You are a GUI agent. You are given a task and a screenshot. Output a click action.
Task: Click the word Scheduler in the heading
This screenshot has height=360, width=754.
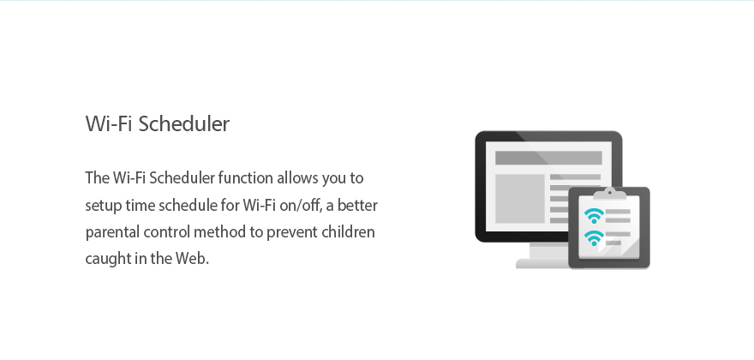(184, 123)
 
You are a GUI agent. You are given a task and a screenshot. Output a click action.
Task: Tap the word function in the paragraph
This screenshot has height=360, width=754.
(245, 178)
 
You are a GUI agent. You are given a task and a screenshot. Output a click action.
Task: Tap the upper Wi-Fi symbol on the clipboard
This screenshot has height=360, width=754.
(595, 216)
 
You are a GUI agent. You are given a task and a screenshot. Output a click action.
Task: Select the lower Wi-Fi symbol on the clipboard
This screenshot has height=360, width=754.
(595, 238)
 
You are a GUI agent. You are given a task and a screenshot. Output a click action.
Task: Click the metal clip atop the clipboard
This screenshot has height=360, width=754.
(610, 194)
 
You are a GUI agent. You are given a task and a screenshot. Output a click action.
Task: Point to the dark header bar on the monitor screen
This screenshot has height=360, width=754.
(548, 158)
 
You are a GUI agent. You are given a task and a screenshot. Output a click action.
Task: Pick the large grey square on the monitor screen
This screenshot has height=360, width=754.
(520, 199)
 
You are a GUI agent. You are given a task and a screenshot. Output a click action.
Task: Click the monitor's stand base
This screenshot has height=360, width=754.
(542, 263)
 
